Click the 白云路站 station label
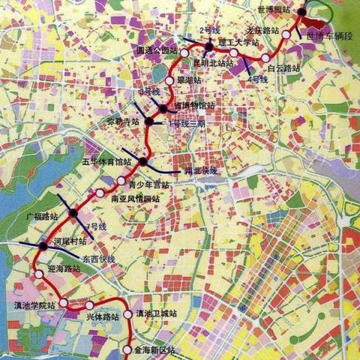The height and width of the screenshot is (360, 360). pos(284,67)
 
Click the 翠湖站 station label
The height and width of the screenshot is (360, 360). pos(190,79)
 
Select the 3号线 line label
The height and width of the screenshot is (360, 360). pos(151,91)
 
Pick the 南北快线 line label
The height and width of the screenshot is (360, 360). pos(200,171)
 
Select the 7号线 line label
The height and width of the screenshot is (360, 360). pos(96,226)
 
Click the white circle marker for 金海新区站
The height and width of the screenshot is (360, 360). pos(125,349)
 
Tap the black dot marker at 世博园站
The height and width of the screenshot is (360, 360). pos(301,11)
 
